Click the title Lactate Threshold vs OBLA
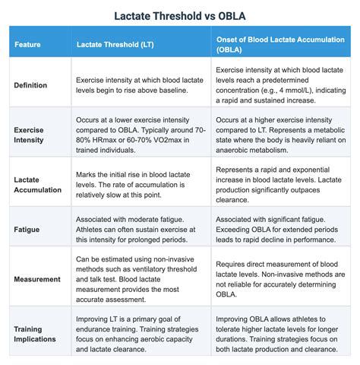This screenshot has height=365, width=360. pos(180,14)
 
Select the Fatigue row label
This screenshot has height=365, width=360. pos(28,228)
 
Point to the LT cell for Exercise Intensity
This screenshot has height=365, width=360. pos(141,135)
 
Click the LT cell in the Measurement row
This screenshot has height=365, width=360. pos(141,279)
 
